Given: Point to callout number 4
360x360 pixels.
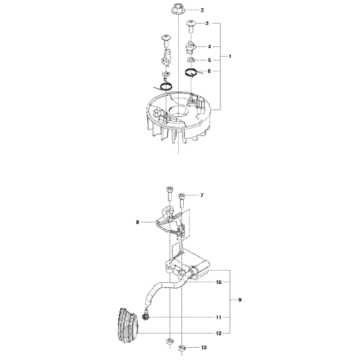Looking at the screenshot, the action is coord(209,46).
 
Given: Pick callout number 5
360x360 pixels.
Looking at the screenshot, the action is coord(209,60).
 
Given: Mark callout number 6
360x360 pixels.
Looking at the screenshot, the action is coord(209,71).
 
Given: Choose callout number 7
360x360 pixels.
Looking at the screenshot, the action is coord(201,195).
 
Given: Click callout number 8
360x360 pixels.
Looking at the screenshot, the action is coord(138,222).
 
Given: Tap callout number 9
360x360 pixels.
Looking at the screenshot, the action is coord(240,299).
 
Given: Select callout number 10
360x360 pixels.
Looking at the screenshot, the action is coord(219,282).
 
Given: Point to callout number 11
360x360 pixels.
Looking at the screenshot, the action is coord(219,317).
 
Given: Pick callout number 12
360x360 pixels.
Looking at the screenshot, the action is coord(219,333).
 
